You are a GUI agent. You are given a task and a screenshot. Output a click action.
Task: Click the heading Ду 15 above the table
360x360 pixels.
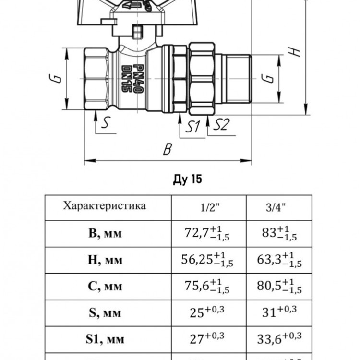point(188,180)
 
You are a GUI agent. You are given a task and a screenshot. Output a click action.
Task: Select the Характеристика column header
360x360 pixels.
point(105,205)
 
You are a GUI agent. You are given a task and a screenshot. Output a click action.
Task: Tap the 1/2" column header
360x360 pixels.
point(210,207)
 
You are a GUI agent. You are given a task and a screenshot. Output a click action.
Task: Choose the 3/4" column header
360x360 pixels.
point(276,207)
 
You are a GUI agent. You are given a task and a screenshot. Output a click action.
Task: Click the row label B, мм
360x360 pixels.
point(105,233)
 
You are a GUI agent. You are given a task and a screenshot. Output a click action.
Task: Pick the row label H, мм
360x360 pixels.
point(105,260)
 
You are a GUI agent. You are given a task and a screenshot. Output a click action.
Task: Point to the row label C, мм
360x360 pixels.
point(105,286)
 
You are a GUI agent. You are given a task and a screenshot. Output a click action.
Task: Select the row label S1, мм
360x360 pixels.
point(105,339)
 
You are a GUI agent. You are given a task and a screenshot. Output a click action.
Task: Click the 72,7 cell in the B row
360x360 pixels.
point(207,233)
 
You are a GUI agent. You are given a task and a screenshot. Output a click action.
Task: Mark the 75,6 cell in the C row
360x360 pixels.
point(207,286)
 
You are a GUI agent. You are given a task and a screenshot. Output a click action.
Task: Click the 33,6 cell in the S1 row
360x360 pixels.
point(279,338)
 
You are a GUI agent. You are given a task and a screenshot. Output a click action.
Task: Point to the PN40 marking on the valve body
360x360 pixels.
point(138,79)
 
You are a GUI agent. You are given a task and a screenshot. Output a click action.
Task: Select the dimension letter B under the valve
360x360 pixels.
point(168,149)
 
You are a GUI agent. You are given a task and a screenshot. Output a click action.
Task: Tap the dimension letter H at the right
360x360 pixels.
point(294,52)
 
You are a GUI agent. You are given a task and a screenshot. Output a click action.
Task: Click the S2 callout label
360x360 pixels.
point(221,125)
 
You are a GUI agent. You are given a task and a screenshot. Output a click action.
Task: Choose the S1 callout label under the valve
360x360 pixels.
point(192,126)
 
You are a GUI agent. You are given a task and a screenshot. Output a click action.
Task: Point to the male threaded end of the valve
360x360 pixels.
point(239,79)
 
